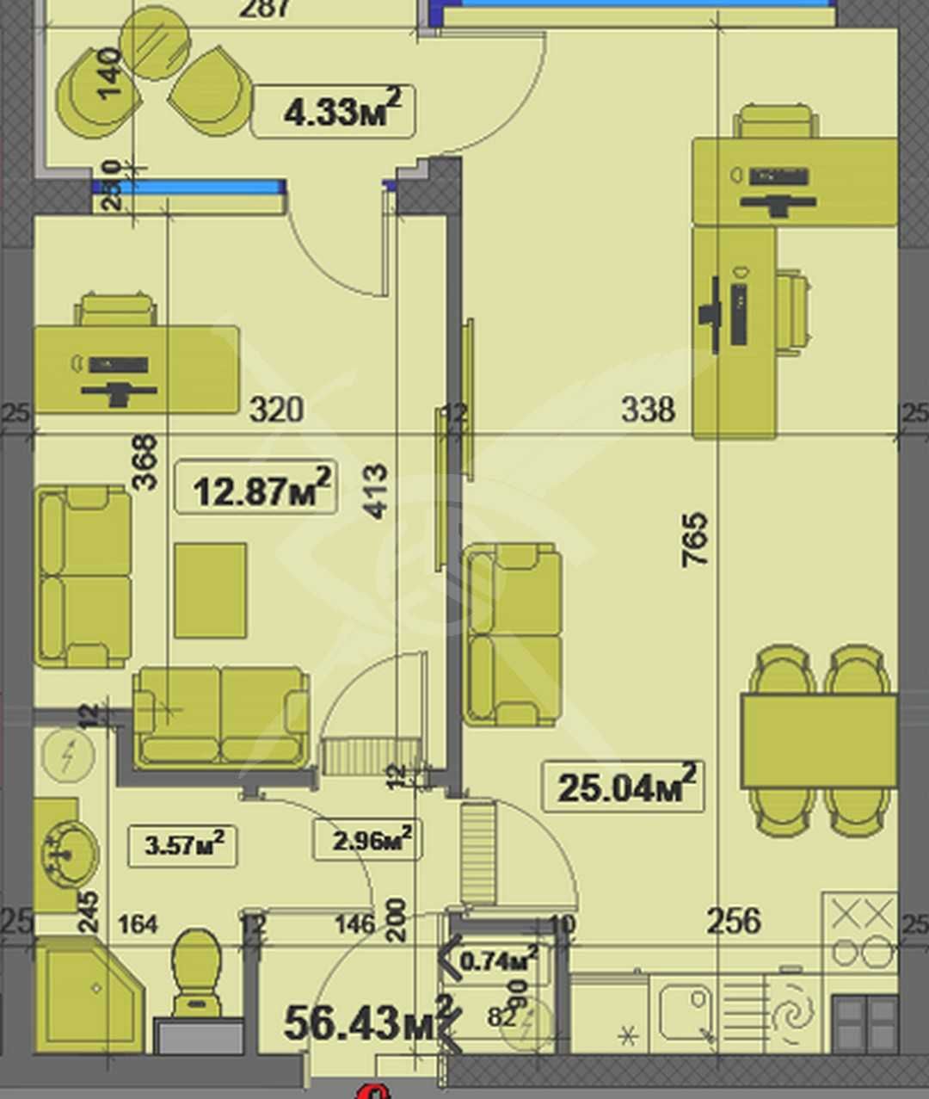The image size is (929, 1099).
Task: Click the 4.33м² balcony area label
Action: [x=334, y=111]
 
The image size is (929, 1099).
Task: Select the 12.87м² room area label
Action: [x=255, y=490]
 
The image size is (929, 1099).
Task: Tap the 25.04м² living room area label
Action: [x=623, y=787]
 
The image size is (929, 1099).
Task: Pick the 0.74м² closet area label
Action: [x=500, y=959]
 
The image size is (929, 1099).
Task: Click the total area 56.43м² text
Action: [x=366, y=1022]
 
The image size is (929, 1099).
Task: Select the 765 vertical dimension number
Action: [x=695, y=540]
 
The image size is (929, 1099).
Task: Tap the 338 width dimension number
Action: [x=648, y=410]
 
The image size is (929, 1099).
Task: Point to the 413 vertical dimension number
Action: [x=376, y=491]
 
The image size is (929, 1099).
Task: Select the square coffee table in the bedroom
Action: [x=210, y=590]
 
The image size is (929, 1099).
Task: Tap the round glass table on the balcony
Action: [x=155, y=43]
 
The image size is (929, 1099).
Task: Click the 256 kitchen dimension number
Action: [x=734, y=921]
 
